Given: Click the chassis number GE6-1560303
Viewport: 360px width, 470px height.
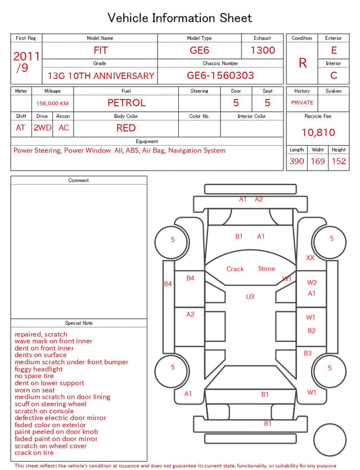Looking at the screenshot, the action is [220, 75].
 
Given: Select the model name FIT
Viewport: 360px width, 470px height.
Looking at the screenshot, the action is [101, 50].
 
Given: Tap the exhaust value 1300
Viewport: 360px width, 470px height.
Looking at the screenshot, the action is [263, 50].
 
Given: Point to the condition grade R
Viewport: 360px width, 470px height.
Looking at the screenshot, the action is [303, 63].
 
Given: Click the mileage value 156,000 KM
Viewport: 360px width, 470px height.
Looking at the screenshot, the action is [52, 104].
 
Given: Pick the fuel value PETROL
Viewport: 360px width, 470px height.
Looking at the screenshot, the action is [127, 103].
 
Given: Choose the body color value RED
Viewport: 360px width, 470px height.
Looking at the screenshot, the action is [126, 128].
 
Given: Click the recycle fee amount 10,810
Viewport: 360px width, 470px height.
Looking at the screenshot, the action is [318, 132].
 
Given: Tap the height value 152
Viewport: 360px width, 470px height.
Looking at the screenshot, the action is [339, 161].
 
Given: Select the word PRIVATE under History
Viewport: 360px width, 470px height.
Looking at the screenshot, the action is [302, 102].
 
